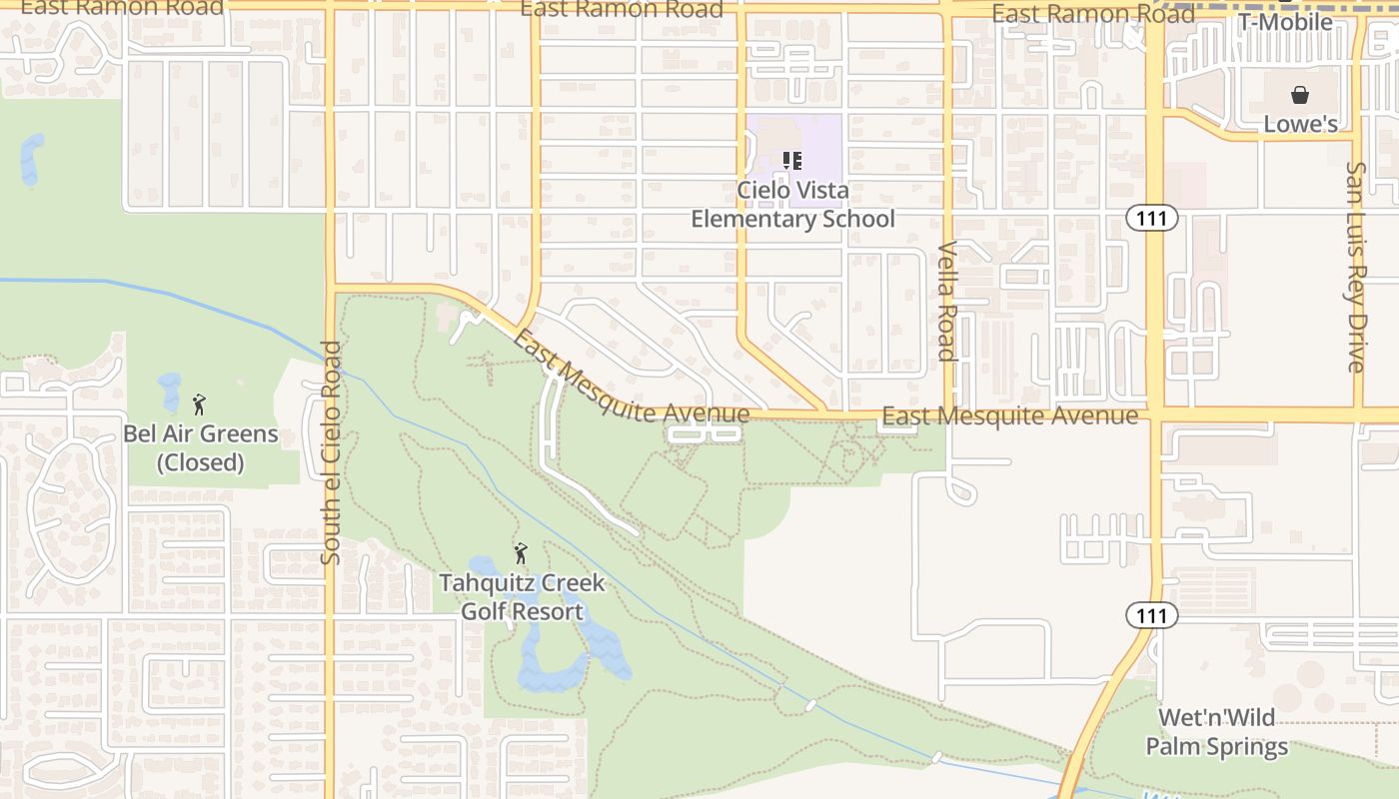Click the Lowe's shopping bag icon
pyautogui.click(x=1300, y=95)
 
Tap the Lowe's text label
pyautogui.click(x=1300, y=124)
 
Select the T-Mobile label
pyautogui.click(x=1285, y=22)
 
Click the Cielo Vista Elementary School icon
pyautogui.click(x=792, y=161)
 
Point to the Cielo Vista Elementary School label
pyautogui.click(x=793, y=205)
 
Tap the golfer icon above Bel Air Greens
pyautogui.click(x=199, y=404)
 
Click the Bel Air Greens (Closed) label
pyautogui.click(x=201, y=448)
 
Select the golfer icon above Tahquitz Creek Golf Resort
pyautogui.click(x=520, y=553)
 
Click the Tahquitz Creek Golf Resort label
pyautogui.click(x=522, y=597)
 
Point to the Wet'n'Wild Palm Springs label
pyautogui.click(x=1216, y=732)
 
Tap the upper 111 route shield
pyautogui.click(x=1151, y=218)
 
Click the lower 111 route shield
pyautogui.click(x=1151, y=616)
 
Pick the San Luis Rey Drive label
pyautogui.click(x=1355, y=267)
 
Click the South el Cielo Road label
pyautogui.click(x=332, y=452)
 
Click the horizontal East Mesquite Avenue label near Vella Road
pyautogui.click(x=1009, y=415)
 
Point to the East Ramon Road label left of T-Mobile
pyautogui.click(x=1092, y=14)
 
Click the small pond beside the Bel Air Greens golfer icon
pyautogui.click(x=170, y=391)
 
